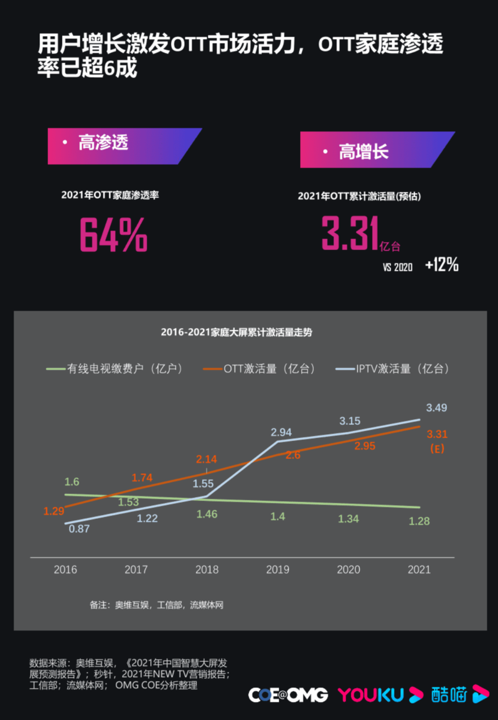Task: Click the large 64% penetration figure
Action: pos(114,234)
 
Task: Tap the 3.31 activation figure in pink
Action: pos(350,232)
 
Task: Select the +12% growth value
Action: pos(442,265)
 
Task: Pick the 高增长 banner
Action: pos(377,150)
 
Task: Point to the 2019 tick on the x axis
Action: pos(278,569)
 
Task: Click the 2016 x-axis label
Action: pos(65,569)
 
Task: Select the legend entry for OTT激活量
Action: pos(260,368)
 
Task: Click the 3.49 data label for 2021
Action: pos(436,407)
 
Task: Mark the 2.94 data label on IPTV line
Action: pos(281,432)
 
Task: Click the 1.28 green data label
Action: pos(419,521)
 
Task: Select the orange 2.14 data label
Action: pos(207,459)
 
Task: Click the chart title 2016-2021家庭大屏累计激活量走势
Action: pos(236,332)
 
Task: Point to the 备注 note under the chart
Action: pos(156,605)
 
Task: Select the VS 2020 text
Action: pos(398,267)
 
